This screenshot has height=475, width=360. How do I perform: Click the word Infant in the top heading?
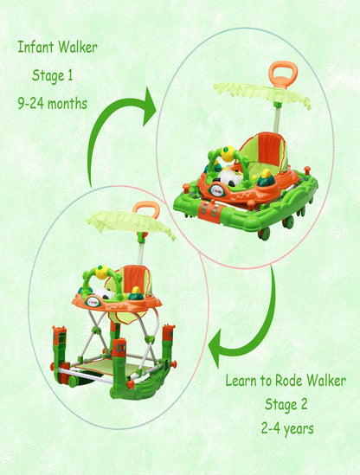[x=35, y=47]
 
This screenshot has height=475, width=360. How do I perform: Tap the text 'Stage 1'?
[x=53, y=75]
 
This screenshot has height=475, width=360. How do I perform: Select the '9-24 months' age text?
[x=53, y=104]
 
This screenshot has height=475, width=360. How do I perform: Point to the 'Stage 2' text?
[x=286, y=404]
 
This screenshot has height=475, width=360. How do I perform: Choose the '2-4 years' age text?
[x=287, y=429]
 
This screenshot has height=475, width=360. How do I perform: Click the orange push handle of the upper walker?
[x=283, y=74]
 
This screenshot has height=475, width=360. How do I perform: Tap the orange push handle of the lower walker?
[x=146, y=209]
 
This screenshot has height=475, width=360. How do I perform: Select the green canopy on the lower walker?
[x=131, y=222]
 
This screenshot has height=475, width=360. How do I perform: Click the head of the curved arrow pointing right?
[x=149, y=106]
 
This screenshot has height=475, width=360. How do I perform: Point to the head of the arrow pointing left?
[x=215, y=348]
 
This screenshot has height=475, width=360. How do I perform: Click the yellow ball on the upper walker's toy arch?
[x=228, y=154]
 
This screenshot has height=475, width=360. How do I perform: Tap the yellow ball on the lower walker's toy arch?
[x=102, y=272]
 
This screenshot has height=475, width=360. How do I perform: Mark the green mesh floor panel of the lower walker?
[x=112, y=367]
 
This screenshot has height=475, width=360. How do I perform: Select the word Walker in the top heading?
[x=78, y=47]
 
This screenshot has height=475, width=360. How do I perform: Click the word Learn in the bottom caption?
[x=241, y=381]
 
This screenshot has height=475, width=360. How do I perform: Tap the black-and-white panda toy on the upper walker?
[x=231, y=178]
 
